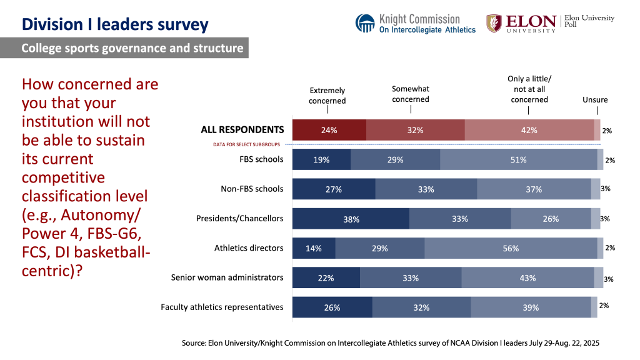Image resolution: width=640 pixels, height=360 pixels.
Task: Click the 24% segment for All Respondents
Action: pyautogui.click(x=329, y=130)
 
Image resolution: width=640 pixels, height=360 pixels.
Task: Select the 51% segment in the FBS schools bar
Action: pyautogui.click(x=518, y=160)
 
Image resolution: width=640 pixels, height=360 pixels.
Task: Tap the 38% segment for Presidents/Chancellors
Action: pyautogui.click(x=351, y=219)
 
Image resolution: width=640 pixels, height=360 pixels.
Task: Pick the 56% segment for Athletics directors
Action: pyautogui.click(x=511, y=248)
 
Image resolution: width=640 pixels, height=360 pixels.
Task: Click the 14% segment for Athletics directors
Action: pyautogui.click(x=314, y=248)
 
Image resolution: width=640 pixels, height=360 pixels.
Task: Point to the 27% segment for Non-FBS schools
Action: pyautogui.click(x=334, y=189)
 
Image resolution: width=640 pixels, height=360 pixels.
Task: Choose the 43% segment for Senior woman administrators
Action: pyautogui.click(x=527, y=277)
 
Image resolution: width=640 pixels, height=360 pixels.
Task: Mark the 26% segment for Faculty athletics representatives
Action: pyautogui.click(x=332, y=307)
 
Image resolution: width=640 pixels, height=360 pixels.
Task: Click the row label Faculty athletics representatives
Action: pyautogui.click(x=222, y=307)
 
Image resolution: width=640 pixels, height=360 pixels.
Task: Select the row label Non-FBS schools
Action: pyautogui.click(x=252, y=189)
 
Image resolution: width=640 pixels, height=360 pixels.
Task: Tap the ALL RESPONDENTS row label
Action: pyautogui.click(x=242, y=130)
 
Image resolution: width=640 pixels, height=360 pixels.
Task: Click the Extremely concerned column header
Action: pyautogui.click(x=327, y=96)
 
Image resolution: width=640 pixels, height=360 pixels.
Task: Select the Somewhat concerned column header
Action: pyautogui.click(x=411, y=94)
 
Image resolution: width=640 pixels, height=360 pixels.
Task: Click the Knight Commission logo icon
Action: pyautogui.click(x=365, y=23)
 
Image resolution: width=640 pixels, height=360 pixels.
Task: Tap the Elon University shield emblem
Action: pyautogui.click(x=494, y=23)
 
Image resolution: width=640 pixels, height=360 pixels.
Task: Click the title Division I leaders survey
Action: pyautogui.click(x=115, y=25)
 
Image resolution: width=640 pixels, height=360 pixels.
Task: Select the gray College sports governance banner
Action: pyautogui.click(x=124, y=48)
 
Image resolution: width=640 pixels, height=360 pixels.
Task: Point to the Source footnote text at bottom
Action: pyautogui.click(x=390, y=343)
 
